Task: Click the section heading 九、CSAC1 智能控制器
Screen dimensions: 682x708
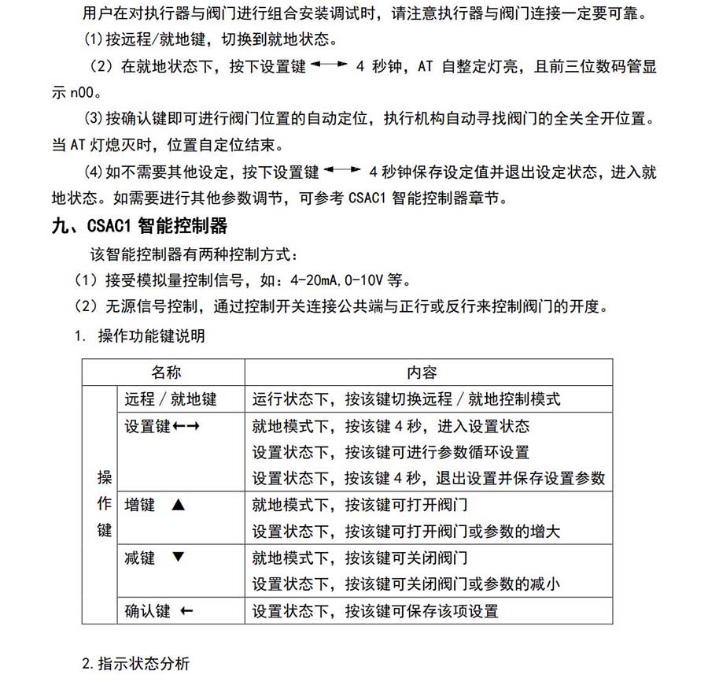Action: pyautogui.click(x=138, y=227)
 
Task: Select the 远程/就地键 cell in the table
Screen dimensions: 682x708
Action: pyautogui.click(x=170, y=399)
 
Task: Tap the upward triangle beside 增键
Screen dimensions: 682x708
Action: pyautogui.click(x=177, y=506)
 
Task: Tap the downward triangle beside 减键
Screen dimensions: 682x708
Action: pyautogui.click(x=177, y=558)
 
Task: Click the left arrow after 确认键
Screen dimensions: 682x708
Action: pyautogui.click(x=186, y=610)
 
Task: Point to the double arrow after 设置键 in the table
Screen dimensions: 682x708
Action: pyautogui.click(x=187, y=426)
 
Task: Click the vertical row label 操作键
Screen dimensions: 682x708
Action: pyautogui.click(x=104, y=504)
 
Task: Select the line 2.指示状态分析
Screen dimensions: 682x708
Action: pyautogui.click(x=135, y=663)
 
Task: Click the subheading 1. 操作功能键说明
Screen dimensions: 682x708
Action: pyautogui.click(x=139, y=336)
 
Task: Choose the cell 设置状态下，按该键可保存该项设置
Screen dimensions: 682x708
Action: pyautogui.click(x=375, y=610)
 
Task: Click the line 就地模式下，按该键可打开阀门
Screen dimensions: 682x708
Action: pyautogui.click(x=360, y=506)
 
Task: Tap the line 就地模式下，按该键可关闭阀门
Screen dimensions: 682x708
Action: pyautogui.click(x=360, y=558)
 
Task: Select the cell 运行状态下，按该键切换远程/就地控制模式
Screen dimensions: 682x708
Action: pyautogui.click(x=406, y=399)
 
